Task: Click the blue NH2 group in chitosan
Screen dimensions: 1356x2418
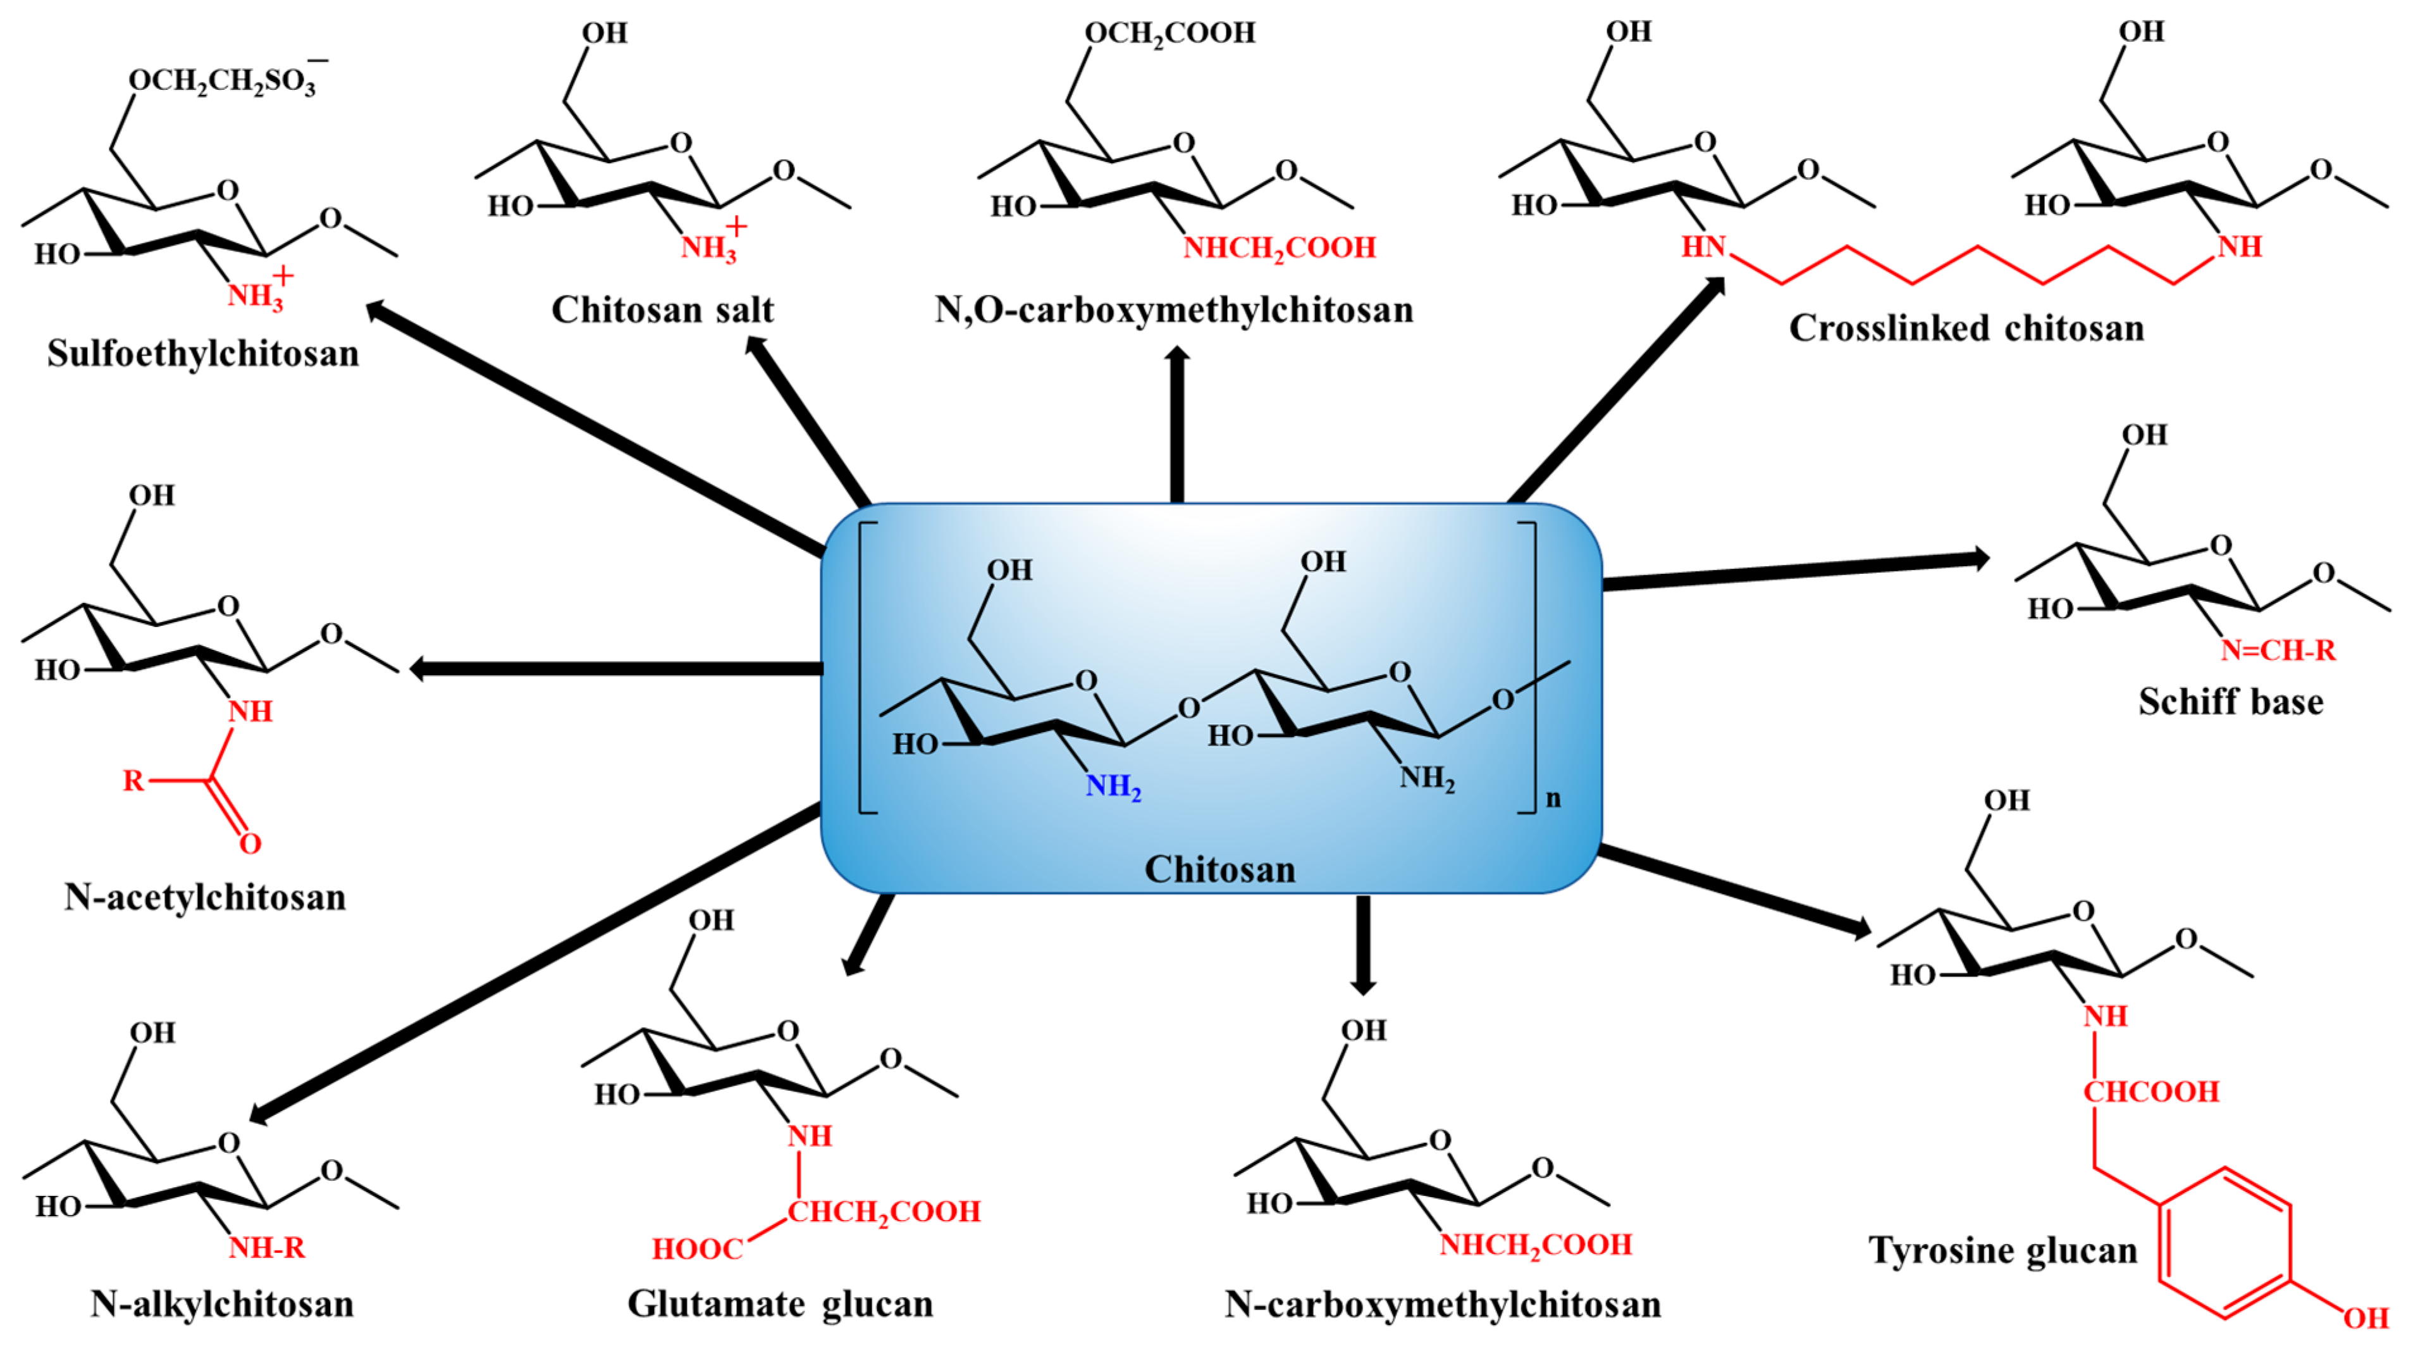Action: click(1113, 786)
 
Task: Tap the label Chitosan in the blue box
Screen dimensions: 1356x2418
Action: click(1219, 869)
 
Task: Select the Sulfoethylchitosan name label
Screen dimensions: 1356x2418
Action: click(203, 354)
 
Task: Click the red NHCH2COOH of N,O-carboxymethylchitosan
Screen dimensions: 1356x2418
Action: click(1278, 248)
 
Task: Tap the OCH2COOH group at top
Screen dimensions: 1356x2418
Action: click(1169, 34)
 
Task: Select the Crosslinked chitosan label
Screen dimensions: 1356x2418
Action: click(1966, 328)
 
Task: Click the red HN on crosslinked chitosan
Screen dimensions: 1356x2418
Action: click(1703, 247)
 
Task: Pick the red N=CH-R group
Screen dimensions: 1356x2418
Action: click(2277, 650)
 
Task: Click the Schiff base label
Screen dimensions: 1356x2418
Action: click(2230, 702)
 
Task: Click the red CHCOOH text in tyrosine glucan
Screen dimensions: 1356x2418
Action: click(2150, 1092)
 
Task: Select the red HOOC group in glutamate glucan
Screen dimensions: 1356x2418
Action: click(698, 1249)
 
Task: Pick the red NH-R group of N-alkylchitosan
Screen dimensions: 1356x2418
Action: click(266, 1248)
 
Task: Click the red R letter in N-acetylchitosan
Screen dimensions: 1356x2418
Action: click(133, 780)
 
